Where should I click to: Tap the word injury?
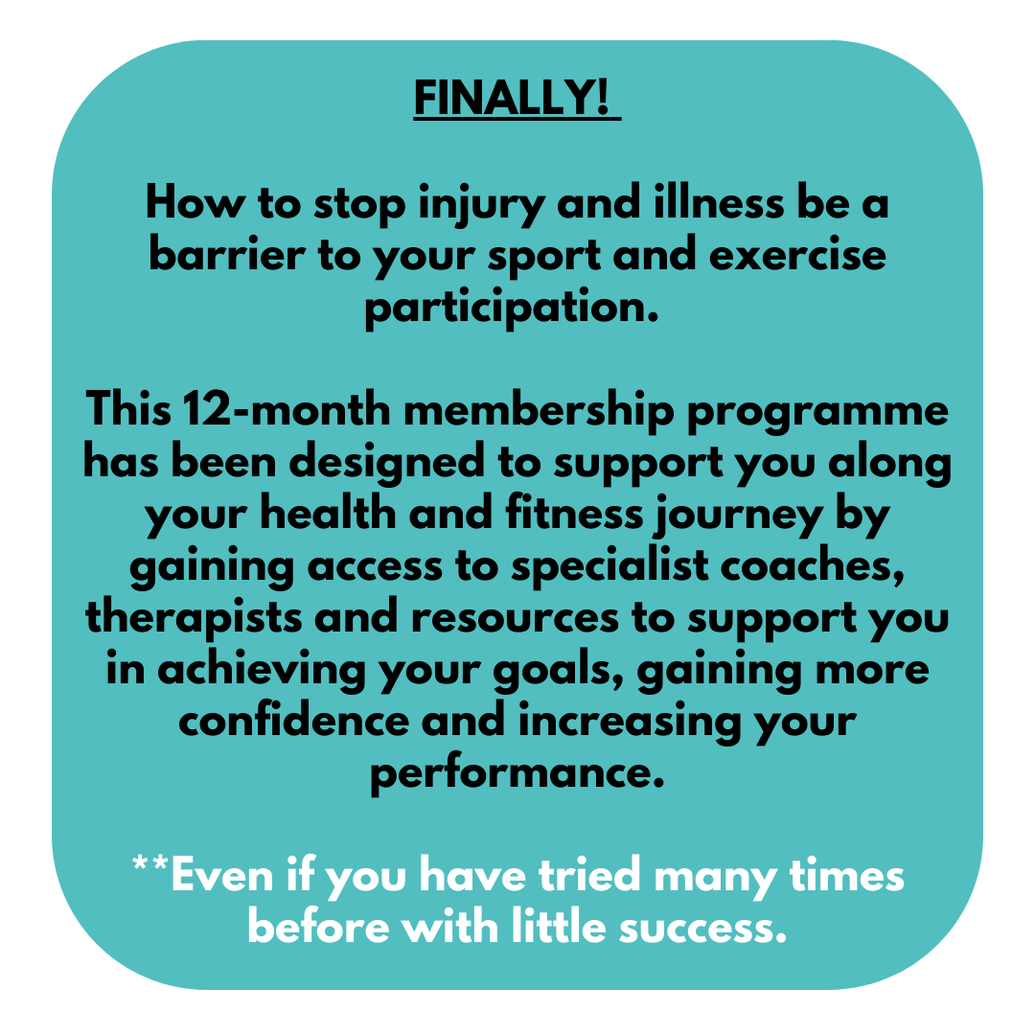[x=481, y=205]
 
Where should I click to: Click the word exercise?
[x=797, y=254]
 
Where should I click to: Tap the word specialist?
[x=610, y=567]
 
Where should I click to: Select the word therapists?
[x=194, y=618]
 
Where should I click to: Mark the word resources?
[x=515, y=619]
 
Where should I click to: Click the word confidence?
[x=294, y=720]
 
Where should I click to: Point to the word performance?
[x=517, y=773]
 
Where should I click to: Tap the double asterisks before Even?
[x=149, y=863]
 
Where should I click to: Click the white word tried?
[x=590, y=875]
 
